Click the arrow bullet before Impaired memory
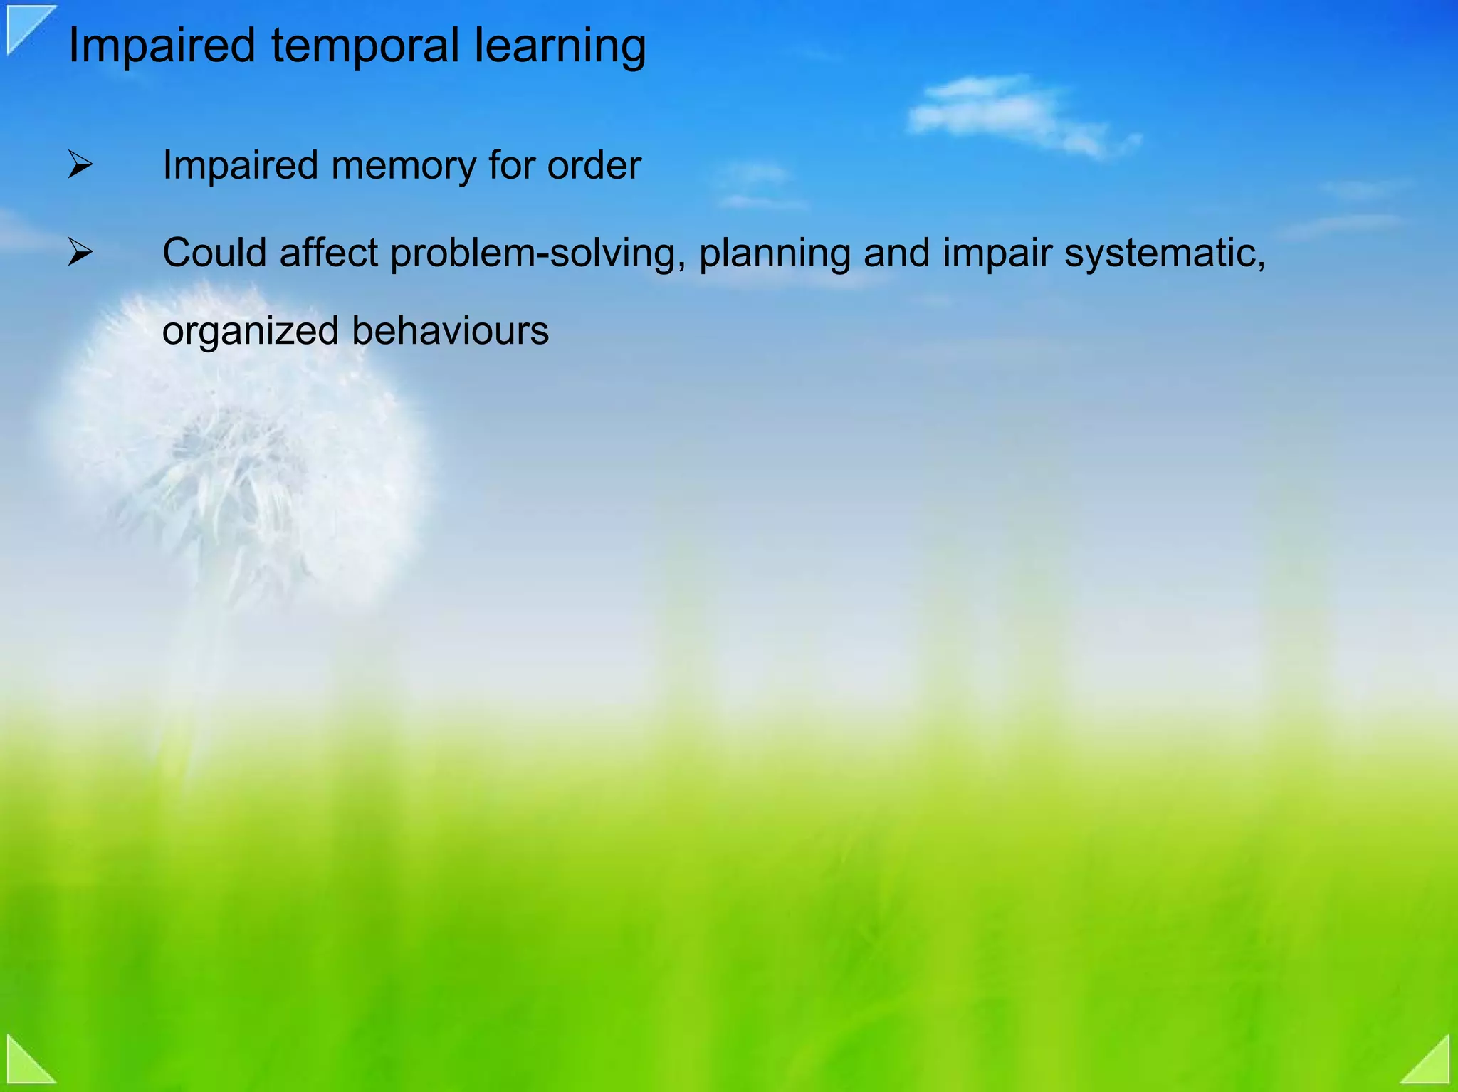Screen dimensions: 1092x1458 [80, 165]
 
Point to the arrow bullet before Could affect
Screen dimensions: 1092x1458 [80, 253]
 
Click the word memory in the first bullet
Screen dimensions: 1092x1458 [403, 166]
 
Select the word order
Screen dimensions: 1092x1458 [594, 166]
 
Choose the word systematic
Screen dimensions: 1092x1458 [1164, 254]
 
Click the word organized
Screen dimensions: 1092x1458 [250, 332]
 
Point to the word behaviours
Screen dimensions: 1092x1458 [450, 331]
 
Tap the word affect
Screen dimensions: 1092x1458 [328, 253]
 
